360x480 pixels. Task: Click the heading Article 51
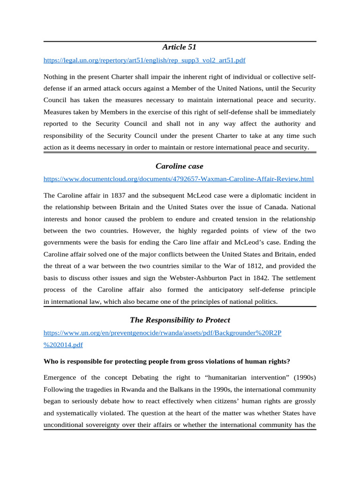[x=180, y=47]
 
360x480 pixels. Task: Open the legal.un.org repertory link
[x=144, y=60]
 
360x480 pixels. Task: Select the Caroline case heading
[x=180, y=166]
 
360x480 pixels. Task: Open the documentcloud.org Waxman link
[x=179, y=179]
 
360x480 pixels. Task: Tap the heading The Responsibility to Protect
[x=180, y=320]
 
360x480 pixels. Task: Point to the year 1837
[x=111, y=195]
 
